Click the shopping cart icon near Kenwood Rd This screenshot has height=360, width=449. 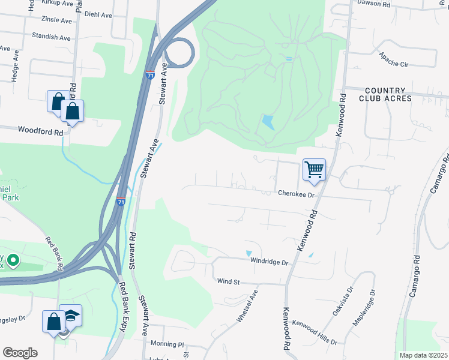coord(314,170)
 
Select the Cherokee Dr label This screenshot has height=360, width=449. coord(297,194)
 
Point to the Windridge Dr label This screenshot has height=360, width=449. coord(270,262)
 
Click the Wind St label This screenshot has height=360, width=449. coord(228,281)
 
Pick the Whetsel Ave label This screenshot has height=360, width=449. coord(247,307)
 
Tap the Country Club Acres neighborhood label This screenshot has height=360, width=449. coord(385,94)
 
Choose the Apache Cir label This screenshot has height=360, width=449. coord(393,60)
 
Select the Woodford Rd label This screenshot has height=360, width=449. coord(40,130)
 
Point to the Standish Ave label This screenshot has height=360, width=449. coord(51,37)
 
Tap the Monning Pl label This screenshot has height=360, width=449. coord(167,345)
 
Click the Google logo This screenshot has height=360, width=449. coord(20,353)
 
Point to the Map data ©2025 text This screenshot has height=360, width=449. coord(424,355)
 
